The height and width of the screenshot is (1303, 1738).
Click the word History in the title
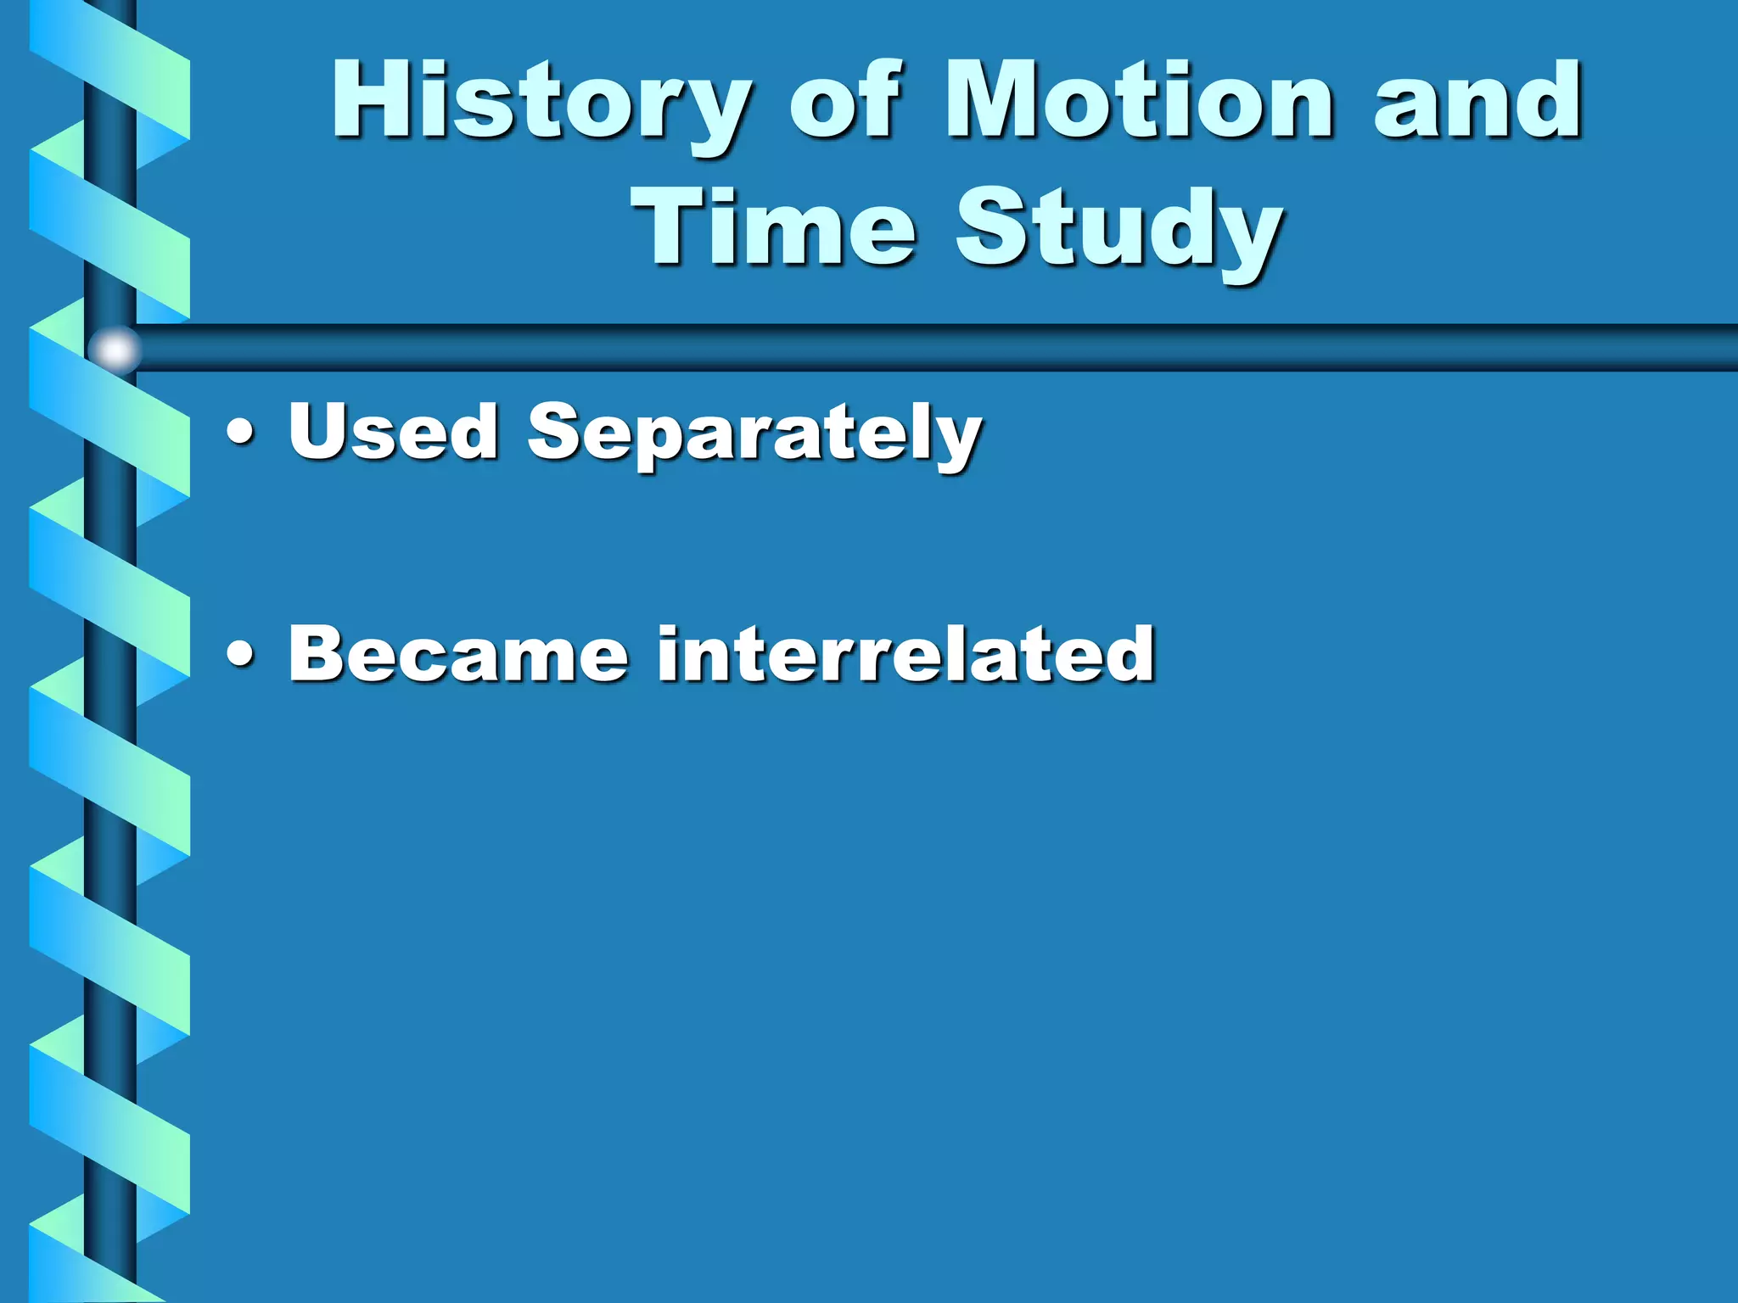click(540, 102)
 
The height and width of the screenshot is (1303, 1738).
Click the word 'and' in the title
click(1477, 102)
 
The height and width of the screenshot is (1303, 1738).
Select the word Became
click(458, 653)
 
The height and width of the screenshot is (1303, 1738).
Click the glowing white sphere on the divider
click(115, 349)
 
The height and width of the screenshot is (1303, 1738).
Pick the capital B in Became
click(318, 653)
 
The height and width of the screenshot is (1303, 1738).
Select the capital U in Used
click(318, 431)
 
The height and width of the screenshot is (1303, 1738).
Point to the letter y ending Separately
click(957, 441)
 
